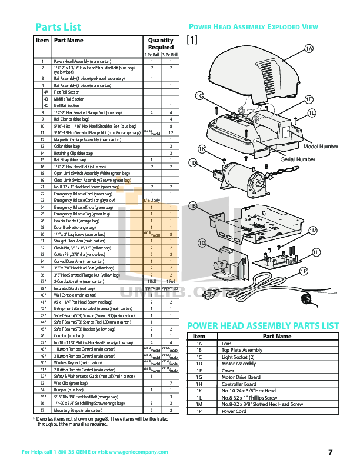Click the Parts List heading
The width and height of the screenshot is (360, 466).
pos(58,27)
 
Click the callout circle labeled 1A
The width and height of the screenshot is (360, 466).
pos(309,48)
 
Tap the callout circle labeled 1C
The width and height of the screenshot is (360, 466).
pos(199,96)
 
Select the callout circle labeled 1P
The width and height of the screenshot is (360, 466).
pos(304,271)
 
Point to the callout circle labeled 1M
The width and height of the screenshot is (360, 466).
pos(313,231)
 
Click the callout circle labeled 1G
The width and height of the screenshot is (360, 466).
pos(201,243)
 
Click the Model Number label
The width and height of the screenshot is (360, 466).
pos(321,145)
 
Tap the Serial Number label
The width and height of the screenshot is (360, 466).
pos(298,159)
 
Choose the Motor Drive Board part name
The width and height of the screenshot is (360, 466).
pos(241,377)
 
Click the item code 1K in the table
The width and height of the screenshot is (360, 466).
pos(199,390)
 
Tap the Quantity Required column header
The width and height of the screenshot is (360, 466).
pos(161,44)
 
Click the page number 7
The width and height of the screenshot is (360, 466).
pos(330,452)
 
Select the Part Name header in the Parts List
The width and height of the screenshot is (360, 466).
pos(69,41)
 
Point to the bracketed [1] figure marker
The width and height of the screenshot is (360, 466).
pos(192,40)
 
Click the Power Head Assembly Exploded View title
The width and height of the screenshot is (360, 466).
pos(252,27)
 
